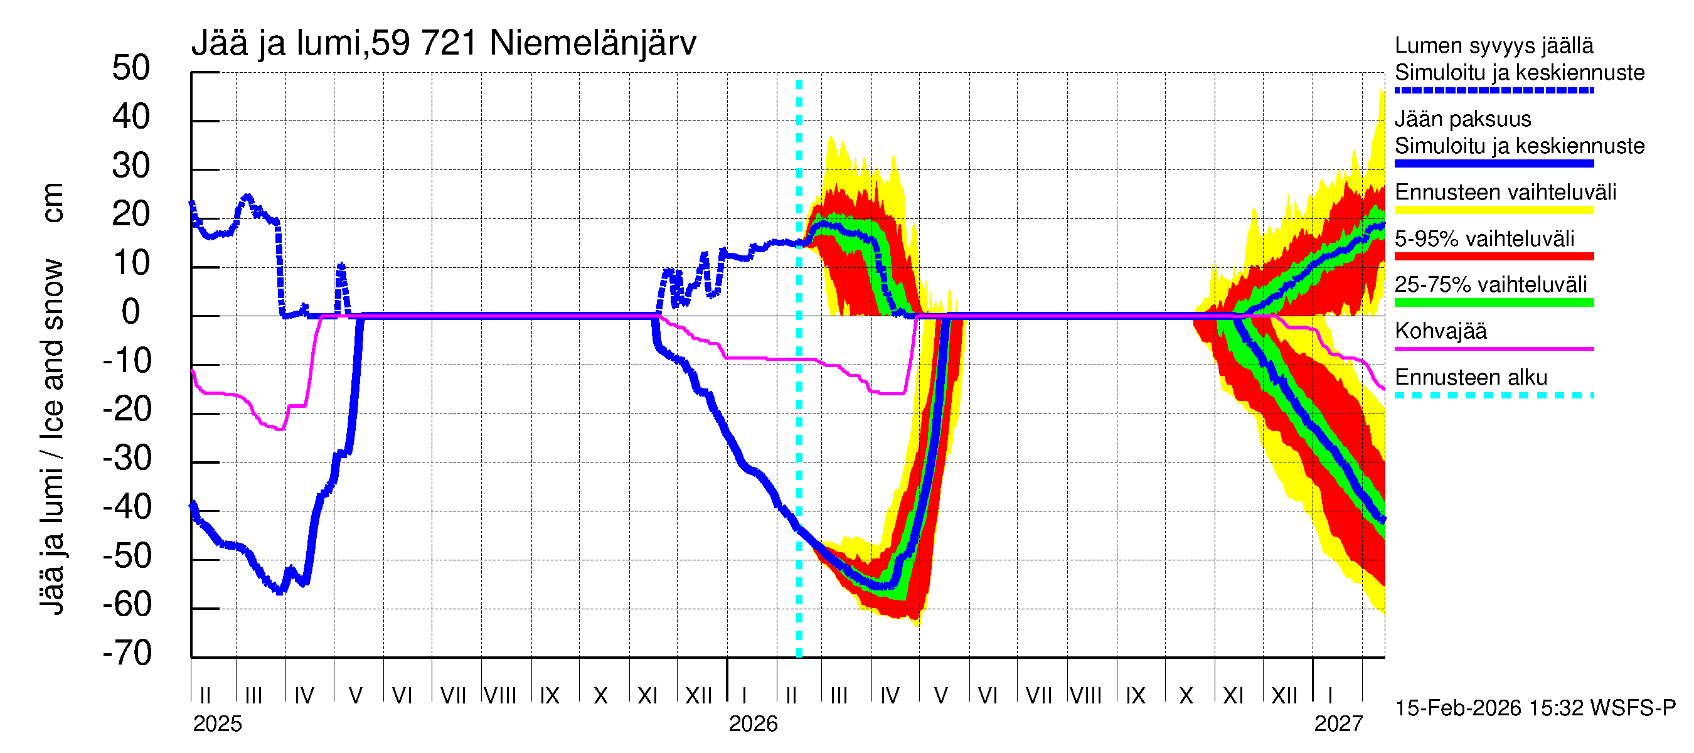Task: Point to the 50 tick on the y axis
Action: click(131, 68)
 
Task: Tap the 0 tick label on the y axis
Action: click(131, 312)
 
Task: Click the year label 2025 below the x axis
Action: click(217, 724)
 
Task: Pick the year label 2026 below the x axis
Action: click(753, 724)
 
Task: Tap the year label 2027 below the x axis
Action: click(1338, 724)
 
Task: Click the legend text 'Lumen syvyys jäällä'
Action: click(1493, 46)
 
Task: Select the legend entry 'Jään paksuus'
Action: click(1462, 120)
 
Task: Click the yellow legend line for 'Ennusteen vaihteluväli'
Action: click(1493, 210)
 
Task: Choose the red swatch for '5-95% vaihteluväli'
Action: click(1493, 257)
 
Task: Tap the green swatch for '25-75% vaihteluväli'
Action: click(1493, 302)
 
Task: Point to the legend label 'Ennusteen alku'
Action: click(1471, 378)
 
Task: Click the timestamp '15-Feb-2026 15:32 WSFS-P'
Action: click(1535, 708)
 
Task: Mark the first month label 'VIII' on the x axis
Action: click(501, 696)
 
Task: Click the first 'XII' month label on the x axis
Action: click(698, 696)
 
